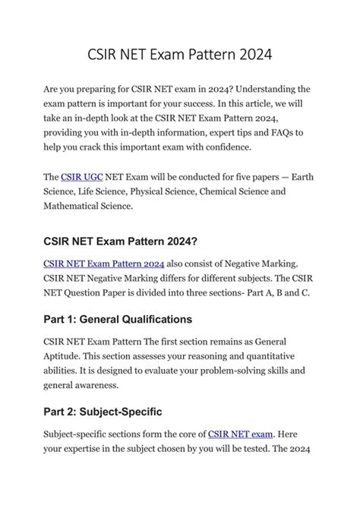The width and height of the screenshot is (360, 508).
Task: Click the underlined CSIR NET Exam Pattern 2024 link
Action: tap(104, 263)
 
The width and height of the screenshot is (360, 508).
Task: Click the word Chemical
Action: tap(228, 191)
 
